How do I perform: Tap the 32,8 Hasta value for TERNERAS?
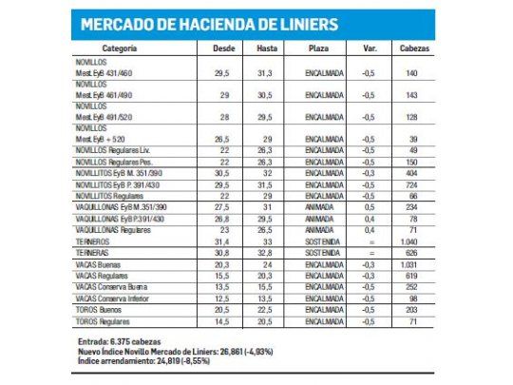click(268, 254)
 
